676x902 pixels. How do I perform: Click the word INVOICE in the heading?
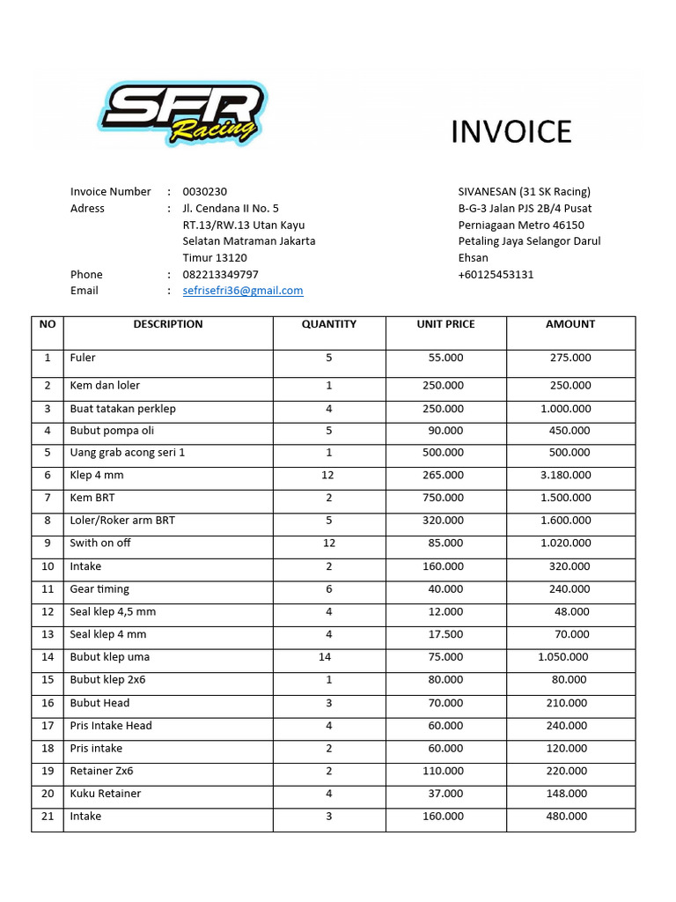[x=511, y=132]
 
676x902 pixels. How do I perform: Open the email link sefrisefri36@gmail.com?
[x=243, y=291]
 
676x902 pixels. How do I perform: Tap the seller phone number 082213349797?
[x=220, y=275]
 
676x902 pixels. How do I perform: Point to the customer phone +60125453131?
[x=496, y=275]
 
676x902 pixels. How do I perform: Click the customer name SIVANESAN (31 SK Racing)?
[x=524, y=192]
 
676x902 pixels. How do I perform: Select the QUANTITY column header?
[x=329, y=324]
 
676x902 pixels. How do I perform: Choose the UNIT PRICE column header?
[x=445, y=324]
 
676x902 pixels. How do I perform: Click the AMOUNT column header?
[x=569, y=324]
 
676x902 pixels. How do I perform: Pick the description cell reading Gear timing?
[x=99, y=589]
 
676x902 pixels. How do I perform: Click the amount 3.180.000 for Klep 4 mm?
[x=565, y=476]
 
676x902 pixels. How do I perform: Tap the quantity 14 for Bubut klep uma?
[x=325, y=657]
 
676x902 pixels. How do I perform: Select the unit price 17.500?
[x=445, y=634]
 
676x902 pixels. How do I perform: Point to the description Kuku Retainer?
[x=106, y=794]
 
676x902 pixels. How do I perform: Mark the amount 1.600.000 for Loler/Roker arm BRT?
[x=565, y=521]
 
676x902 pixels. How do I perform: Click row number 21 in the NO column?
[x=48, y=817]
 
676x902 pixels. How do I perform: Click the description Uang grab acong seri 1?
[x=128, y=453]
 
